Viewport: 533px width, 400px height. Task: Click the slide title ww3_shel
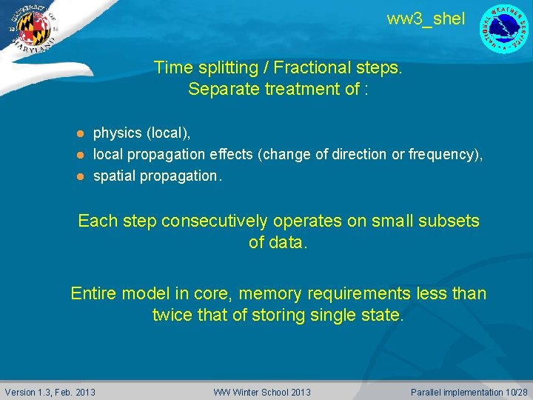[426, 19]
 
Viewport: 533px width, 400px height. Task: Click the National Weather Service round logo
[504, 29]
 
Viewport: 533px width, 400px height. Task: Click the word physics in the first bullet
[117, 133]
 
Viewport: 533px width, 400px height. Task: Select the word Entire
[93, 293]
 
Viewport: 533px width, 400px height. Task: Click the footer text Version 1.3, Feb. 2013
[50, 392]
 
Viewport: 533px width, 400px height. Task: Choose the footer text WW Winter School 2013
[262, 392]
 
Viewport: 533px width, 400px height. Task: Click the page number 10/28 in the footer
[517, 392]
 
